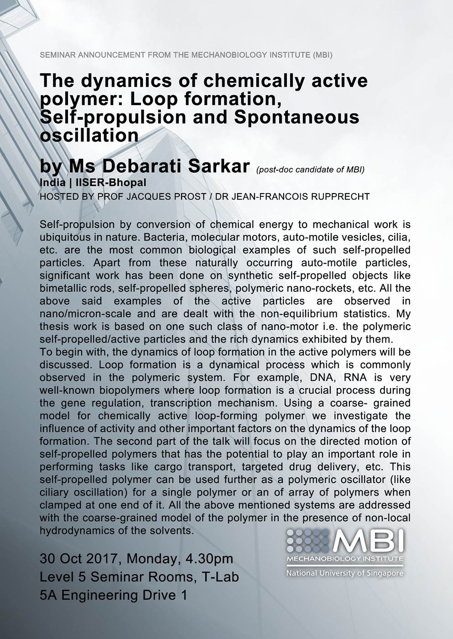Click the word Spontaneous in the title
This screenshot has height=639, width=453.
[x=297, y=117]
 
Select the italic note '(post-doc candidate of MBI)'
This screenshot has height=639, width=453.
[x=310, y=170]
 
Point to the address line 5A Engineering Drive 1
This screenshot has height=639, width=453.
[x=114, y=595]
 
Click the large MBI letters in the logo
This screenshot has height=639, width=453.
[x=368, y=540]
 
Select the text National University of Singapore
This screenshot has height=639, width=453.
[x=344, y=573]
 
